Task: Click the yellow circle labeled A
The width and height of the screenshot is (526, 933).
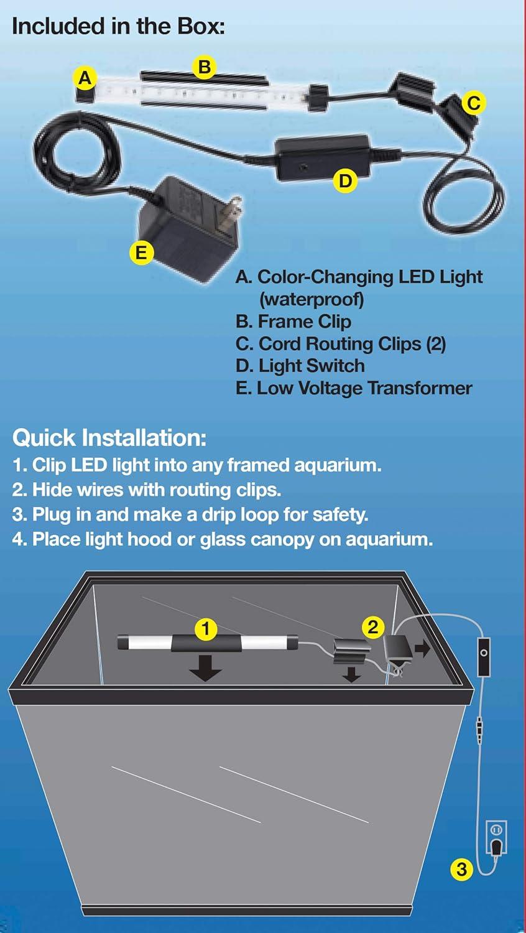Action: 85,78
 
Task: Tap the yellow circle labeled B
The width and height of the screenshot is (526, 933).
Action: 204,66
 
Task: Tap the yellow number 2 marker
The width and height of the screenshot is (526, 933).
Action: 373,626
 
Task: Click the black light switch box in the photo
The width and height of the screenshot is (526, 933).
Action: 323,155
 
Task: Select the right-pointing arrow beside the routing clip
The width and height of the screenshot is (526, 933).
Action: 422,649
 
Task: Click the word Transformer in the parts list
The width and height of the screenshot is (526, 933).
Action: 420,388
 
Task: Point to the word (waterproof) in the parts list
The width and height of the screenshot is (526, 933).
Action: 311,299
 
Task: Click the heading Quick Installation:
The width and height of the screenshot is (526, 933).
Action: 109,437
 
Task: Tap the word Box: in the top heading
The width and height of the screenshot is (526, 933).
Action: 201,26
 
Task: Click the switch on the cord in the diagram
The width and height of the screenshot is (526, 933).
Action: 484,657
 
